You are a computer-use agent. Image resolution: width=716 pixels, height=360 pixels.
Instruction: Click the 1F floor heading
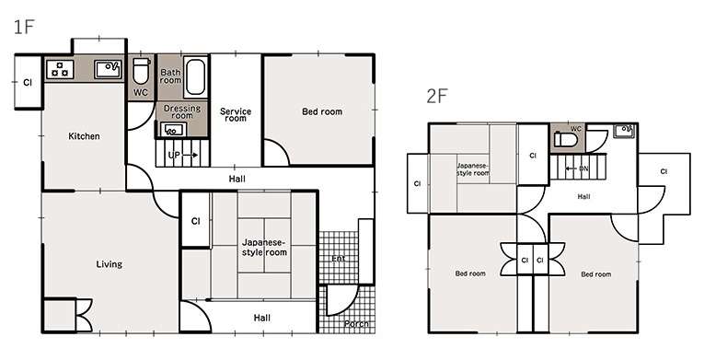tap(24, 28)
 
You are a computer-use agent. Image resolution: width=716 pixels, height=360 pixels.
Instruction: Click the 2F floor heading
tap(437, 96)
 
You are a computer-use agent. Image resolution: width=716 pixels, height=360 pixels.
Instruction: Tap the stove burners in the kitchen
tap(60, 69)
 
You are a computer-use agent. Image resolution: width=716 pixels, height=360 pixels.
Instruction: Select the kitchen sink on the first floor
tap(109, 69)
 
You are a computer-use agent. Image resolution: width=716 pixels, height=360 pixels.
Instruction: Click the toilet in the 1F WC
tap(141, 71)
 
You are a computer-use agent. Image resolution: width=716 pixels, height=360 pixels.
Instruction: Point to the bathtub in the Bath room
tap(196, 76)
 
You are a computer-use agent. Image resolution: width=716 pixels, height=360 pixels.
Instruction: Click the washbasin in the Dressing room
tap(174, 130)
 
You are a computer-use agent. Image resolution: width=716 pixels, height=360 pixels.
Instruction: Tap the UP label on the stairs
tap(174, 155)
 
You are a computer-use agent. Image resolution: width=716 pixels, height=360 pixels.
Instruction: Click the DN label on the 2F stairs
tap(583, 168)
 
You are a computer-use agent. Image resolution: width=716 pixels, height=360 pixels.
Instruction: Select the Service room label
tap(236, 115)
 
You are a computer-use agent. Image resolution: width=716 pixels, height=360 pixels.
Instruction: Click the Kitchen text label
tap(84, 136)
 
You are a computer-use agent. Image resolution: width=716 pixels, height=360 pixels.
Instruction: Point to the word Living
tap(110, 264)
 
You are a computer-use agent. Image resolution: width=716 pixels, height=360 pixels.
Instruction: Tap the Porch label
tap(356, 324)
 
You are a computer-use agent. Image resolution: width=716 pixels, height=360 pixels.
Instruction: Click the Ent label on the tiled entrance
tap(339, 259)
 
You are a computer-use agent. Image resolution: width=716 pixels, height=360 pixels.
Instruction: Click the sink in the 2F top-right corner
tap(624, 131)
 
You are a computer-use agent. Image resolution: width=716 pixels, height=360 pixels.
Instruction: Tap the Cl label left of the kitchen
tap(28, 83)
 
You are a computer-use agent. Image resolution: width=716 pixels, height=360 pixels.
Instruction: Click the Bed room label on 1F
tap(322, 111)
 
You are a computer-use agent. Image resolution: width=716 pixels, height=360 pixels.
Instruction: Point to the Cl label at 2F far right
tap(664, 172)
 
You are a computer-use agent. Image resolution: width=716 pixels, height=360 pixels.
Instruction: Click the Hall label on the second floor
tap(583, 197)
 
